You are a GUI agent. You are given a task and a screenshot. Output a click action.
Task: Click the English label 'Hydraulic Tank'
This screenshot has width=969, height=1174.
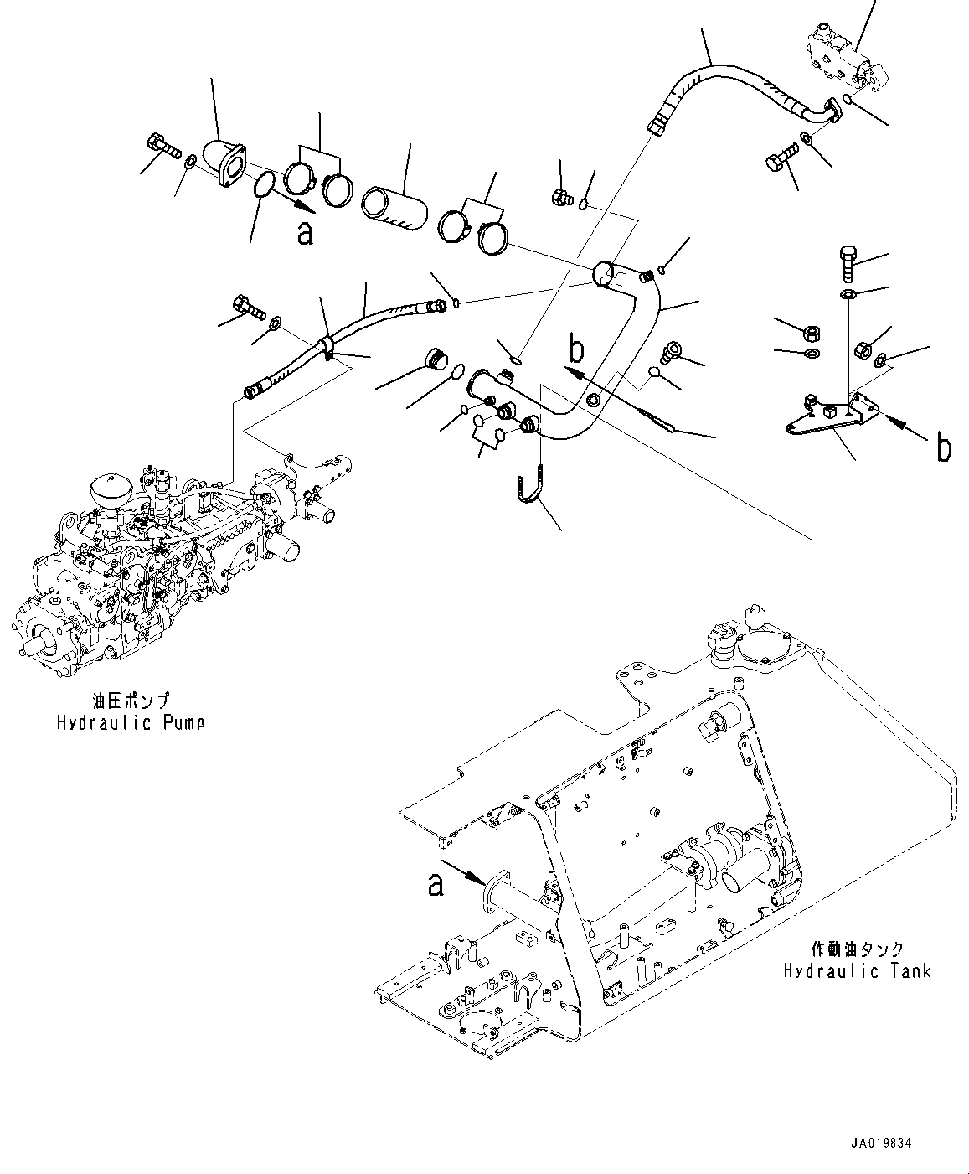(856, 971)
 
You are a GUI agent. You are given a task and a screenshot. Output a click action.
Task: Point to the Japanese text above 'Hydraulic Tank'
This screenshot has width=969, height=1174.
(858, 949)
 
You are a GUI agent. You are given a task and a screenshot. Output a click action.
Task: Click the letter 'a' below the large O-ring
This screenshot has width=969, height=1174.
(305, 233)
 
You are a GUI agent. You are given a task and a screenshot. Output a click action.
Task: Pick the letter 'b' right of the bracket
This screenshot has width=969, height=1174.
(943, 448)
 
